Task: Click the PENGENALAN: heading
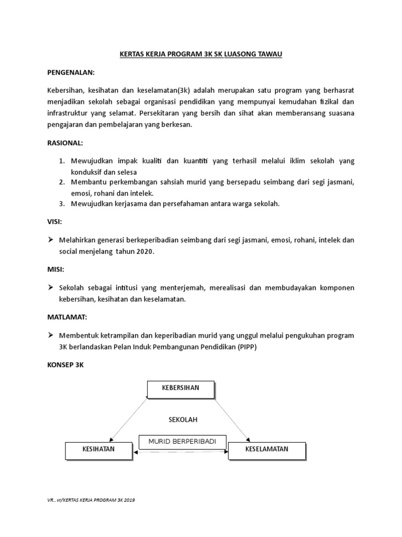pos(71,72)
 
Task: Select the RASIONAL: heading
pos(65,143)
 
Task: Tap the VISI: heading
pos(54,222)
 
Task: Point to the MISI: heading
pos(55,270)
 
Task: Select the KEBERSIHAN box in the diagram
pos(181,389)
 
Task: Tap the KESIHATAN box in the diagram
pos(98,450)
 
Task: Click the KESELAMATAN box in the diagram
pos(266,450)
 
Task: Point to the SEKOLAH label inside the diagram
pos(183,420)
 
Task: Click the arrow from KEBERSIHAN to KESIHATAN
pos(129,420)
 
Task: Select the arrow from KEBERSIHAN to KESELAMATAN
pos(233,420)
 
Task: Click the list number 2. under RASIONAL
pos(61,181)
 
